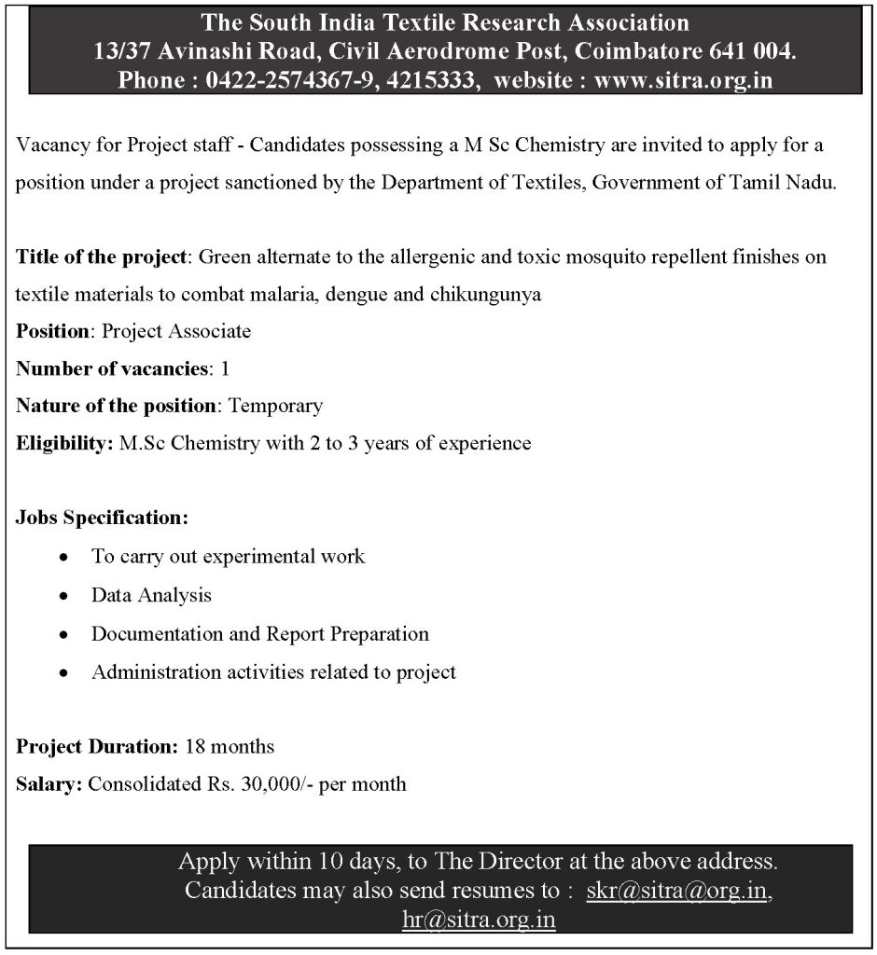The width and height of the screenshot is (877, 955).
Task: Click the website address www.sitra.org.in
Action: [683, 80]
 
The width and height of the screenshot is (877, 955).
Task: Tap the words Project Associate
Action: [176, 331]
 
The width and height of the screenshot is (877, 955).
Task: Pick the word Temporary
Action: [276, 406]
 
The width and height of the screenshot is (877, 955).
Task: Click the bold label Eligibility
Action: [64, 443]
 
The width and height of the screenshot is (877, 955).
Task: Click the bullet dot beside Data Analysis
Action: [63, 595]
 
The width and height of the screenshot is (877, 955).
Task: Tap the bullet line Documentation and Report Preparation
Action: [260, 634]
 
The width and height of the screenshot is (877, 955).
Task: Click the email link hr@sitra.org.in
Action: [479, 920]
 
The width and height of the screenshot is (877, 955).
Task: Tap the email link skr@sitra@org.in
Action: [677, 891]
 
